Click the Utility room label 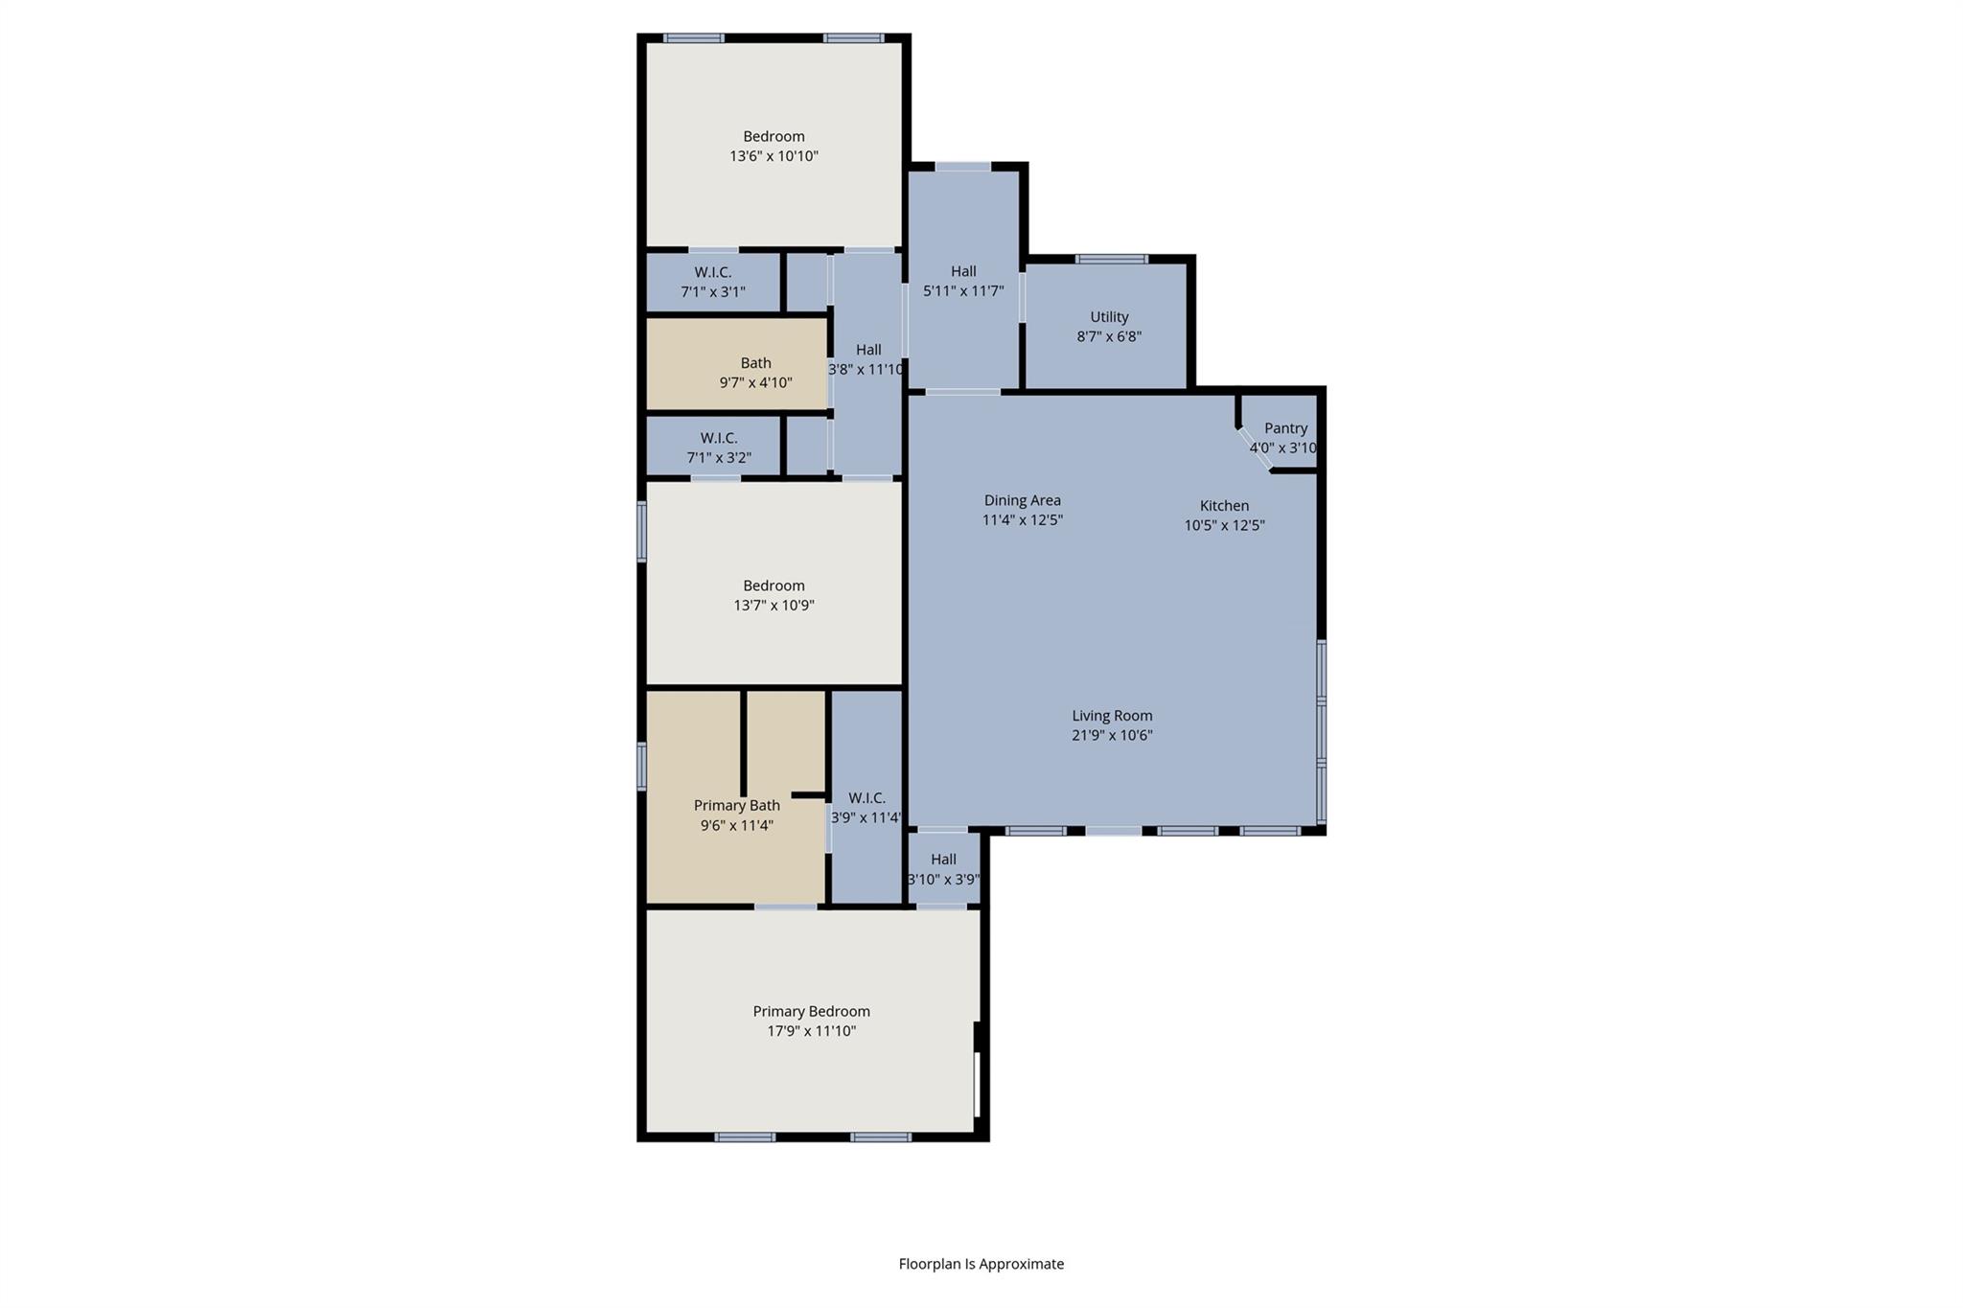tap(1109, 317)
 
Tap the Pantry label tap(1285, 428)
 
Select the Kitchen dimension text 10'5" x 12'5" tap(1224, 525)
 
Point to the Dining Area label tap(1022, 500)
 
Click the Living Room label tap(1112, 716)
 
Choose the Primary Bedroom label tap(811, 1011)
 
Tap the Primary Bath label tap(736, 806)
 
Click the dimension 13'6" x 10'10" tap(774, 156)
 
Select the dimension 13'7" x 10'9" tap(774, 606)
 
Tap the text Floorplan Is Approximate tap(981, 1264)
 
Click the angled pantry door tap(1255, 448)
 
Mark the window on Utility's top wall tap(1111, 259)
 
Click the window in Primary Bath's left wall tap(641, 767)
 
